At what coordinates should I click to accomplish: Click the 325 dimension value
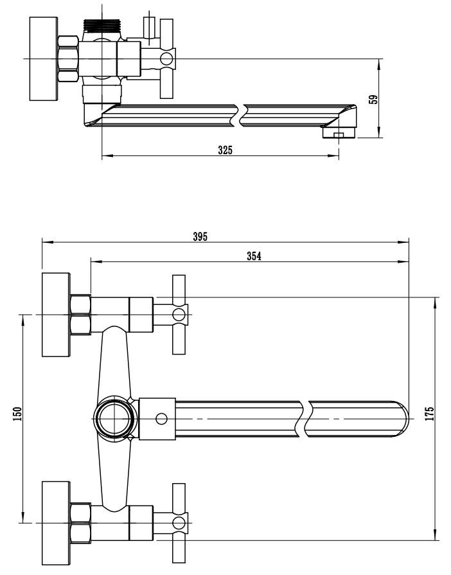[x=225, y=150]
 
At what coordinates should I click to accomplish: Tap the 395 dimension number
[x=200, y=236]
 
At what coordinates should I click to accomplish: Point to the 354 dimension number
[x=254, y=256]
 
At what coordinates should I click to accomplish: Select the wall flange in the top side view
[x=44, y=58]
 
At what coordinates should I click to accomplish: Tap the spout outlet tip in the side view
[x=339, y=133]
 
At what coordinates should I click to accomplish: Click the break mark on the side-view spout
[x=241, y=114]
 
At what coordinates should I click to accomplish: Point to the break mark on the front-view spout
[x=306, y=418]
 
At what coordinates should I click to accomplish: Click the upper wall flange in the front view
[x=55, y=314]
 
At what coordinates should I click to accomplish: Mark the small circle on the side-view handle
[x=167, y=59]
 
